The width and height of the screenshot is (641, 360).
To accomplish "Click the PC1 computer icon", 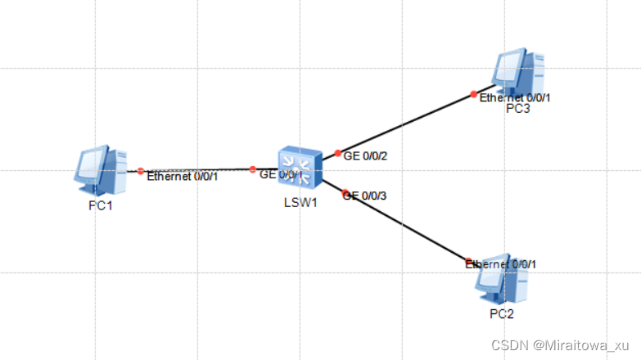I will [100, 169].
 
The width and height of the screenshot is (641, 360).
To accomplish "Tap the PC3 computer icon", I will [521, 74].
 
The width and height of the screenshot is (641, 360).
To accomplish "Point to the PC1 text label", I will [100, 205].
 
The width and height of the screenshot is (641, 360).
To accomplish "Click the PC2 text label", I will [501, 313].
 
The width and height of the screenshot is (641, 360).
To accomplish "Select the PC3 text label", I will [517, 110].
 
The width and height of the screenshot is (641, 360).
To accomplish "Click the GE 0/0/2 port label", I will [365, 155].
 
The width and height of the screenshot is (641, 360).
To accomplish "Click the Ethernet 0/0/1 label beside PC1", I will [182, 176].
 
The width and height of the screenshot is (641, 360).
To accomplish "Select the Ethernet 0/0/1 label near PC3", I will [515, 97].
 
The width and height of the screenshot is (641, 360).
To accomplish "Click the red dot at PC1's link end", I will [141, 171].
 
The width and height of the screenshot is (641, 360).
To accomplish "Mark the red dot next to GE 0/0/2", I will [338, 153].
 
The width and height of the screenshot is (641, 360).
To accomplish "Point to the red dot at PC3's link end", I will [474, 94].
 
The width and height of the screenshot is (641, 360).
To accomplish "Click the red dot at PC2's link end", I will [468, 261].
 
